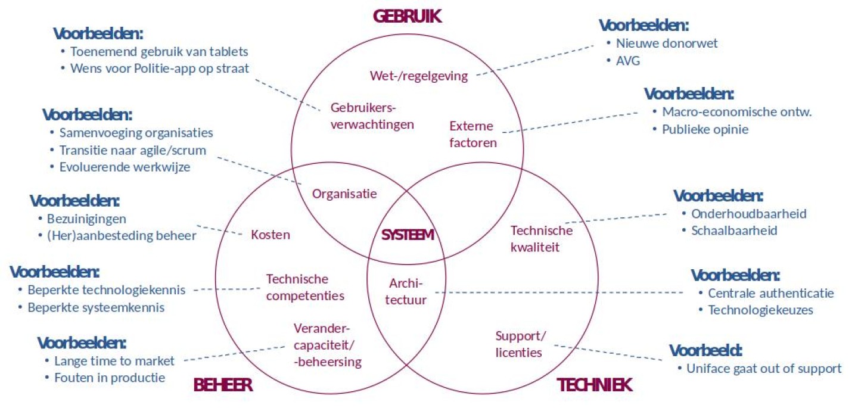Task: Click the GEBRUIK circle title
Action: [407, 16]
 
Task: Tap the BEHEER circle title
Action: [223, 385]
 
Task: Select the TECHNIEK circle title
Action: [595, 385]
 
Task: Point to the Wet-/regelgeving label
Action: [419, 76]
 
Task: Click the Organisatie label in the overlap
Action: [344, 194]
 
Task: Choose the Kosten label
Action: [271, 235]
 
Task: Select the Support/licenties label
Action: [520, 344]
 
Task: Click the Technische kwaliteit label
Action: [542, 239]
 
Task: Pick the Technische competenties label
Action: [305, 287]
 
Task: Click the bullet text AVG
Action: [628, 61]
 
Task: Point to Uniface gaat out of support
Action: [764, 368]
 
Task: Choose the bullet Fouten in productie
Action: [110, 378]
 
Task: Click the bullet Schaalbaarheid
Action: [734, 231]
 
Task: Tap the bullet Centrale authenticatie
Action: [771, 293]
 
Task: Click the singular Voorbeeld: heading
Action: [706, 350]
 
